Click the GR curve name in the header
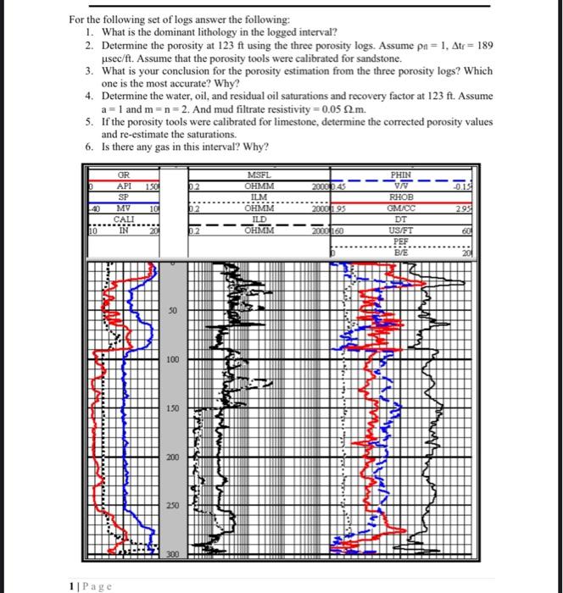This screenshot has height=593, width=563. pos(124,175)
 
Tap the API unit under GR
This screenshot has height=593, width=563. pos(124,186)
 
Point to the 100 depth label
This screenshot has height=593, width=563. pos(172,360)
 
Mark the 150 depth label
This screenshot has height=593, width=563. pos(172,408)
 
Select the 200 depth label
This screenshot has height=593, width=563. pos(172,457)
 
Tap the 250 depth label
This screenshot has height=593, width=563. pos(172,505)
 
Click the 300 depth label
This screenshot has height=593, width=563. pos(172,553)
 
